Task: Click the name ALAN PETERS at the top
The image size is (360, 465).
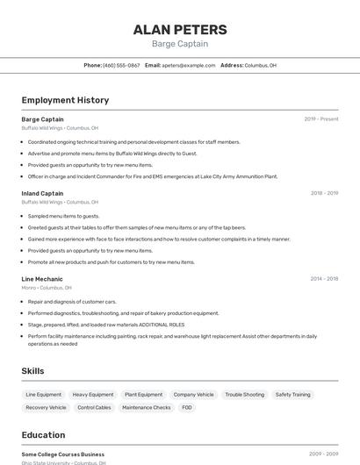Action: tap(180, 30)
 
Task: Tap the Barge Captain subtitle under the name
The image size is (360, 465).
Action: tap(180, 44)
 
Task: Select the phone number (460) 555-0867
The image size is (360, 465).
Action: tap(121, 65)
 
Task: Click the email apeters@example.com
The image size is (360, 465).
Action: tap(189, 65)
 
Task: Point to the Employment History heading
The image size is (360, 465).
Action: tap(65, 100)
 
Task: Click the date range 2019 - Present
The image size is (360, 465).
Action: tap(321, 118)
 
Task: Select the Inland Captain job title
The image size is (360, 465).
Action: tap(42, 193)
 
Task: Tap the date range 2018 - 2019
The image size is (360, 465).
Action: tap(324, 193)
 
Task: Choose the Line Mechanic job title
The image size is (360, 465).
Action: tap(42, 279)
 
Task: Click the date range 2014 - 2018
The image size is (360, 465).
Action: tap(324, 279)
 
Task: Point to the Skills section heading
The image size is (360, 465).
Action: tap(33, 371)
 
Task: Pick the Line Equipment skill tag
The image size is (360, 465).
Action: tap(44, 395)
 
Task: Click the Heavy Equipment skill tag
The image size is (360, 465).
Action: tap(93, 395)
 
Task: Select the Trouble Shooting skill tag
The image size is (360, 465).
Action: tap(244, 395)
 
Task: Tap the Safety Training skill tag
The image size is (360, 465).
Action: tap(292, 395)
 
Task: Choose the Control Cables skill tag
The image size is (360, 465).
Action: tap(94, 407)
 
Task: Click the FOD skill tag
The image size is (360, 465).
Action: tap(187, 407)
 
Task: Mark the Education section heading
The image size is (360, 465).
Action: tap(43, 435)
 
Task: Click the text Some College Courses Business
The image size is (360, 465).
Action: tap(63, 454)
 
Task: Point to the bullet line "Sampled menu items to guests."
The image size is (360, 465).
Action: tap(63, 216)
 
